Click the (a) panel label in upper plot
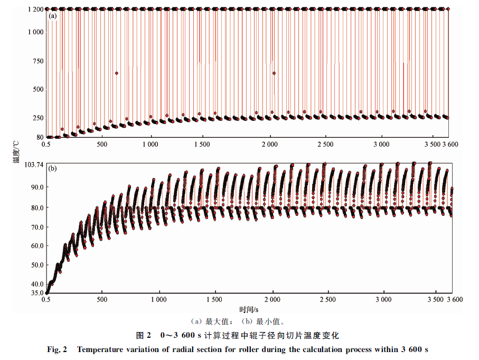coord(52,17)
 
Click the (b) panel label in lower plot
coord(52,169)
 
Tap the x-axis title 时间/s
coord(248,309)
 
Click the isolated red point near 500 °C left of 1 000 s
coord(116,73)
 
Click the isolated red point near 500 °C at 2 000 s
coord(274,73)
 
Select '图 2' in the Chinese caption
coord(144,336)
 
